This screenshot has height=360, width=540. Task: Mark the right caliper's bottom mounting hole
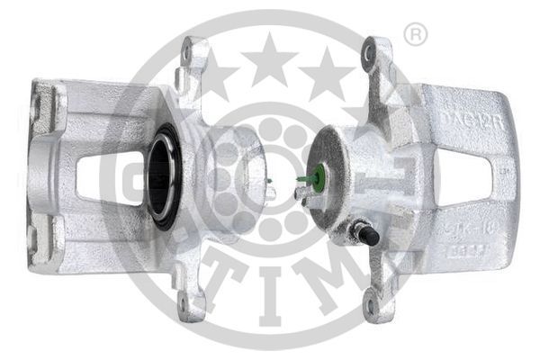pyautogui.click(x=369, y=305)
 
